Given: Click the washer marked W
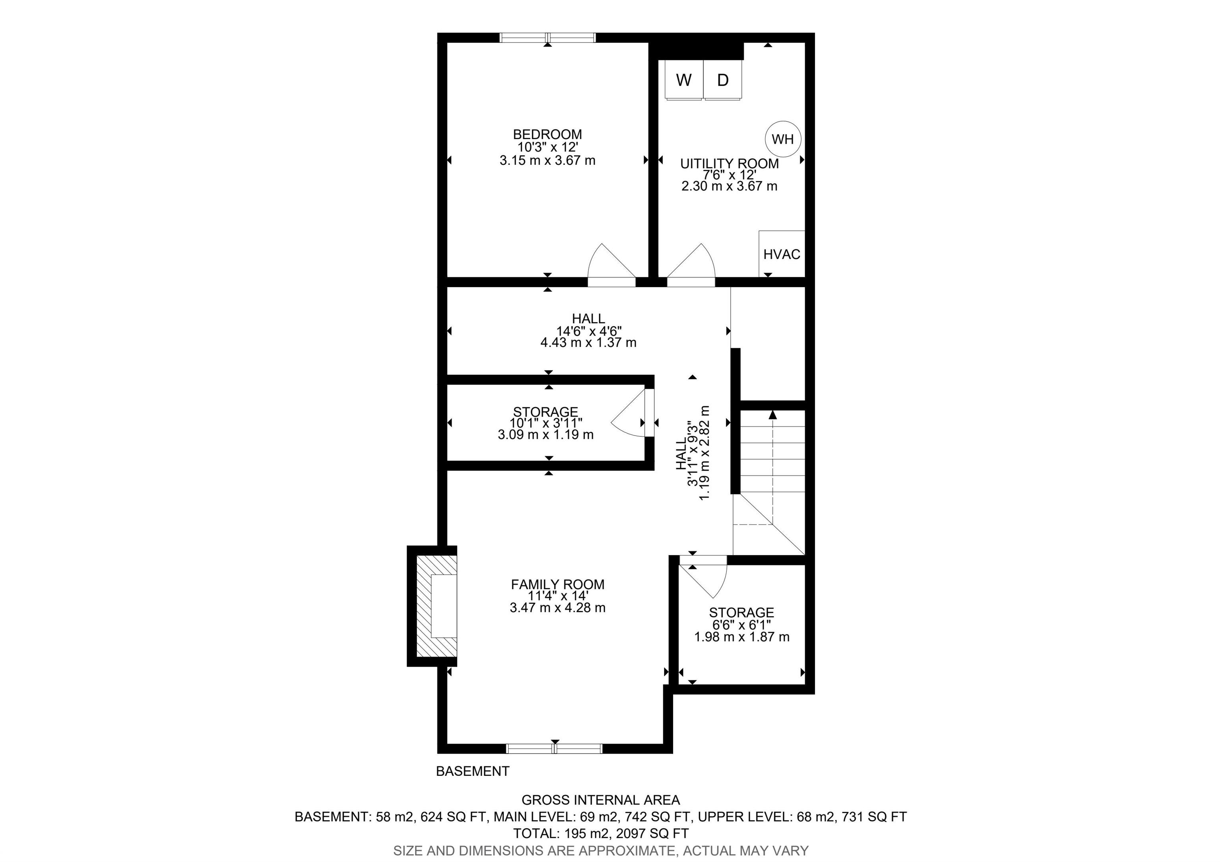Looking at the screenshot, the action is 684,80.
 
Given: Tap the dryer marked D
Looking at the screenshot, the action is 723,80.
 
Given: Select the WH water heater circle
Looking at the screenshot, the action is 783,139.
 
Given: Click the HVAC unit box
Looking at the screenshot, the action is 782,253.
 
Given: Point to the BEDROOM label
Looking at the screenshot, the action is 547,134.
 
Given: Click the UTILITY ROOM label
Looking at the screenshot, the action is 730,164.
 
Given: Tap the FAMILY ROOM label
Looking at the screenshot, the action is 558,584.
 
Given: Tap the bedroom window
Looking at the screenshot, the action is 547,37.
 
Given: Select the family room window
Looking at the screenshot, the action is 554,748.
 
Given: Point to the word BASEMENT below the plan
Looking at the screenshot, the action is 472,771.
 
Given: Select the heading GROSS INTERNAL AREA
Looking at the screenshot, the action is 600,800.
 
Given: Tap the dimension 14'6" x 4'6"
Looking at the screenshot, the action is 589,330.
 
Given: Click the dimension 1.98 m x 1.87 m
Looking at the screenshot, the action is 742,636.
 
